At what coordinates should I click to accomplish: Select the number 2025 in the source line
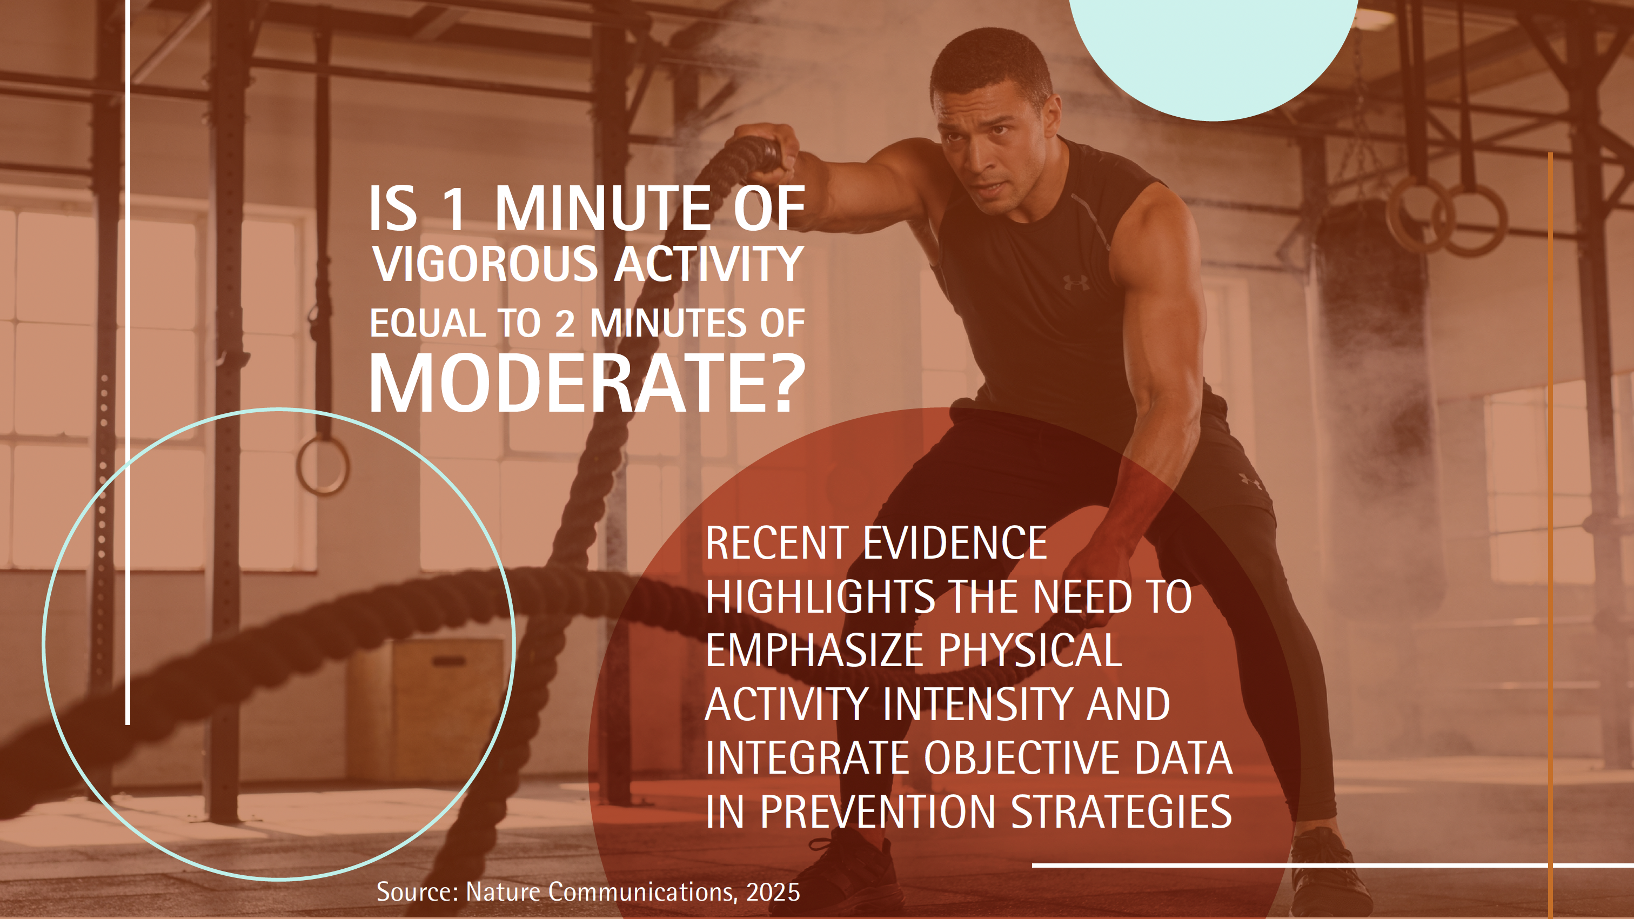[773, 893]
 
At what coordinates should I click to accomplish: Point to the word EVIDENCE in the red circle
[955, 543]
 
